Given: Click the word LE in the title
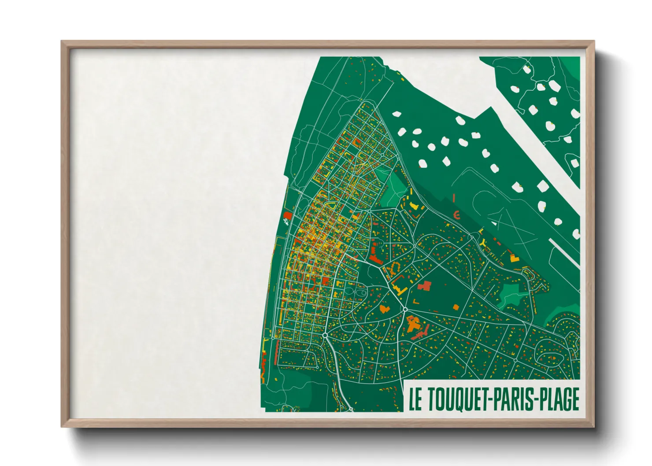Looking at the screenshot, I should [x=415, y=399].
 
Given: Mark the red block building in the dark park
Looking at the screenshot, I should [x=424, y=286].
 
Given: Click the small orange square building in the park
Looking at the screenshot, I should [x=456, y=307].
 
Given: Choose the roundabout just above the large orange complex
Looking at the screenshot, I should [x=405, y=310].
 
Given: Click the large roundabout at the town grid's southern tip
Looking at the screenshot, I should [x=325, y=336].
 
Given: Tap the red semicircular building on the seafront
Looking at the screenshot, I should [x=287, y=215].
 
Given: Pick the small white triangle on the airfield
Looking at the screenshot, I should [x=494, y=223].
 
